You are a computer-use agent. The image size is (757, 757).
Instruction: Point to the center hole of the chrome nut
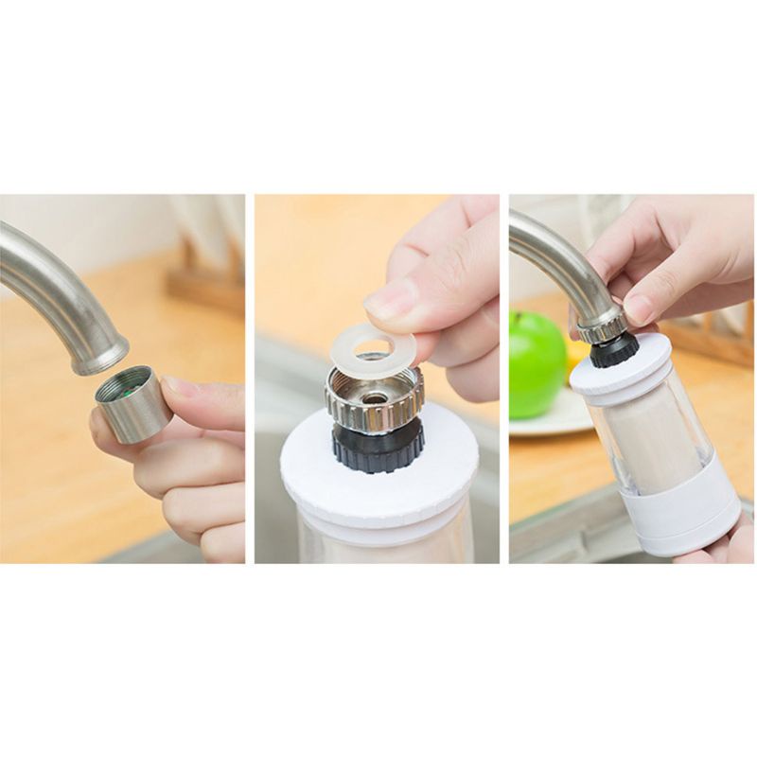coord(374,396)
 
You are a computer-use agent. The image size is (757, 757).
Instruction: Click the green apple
coord(537,364)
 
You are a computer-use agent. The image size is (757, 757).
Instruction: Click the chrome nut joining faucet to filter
coord(603,326)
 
